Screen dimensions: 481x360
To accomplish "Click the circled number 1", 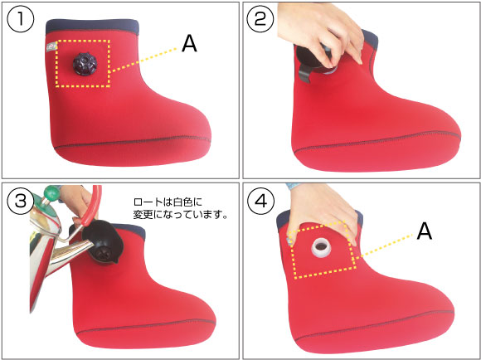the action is tap(20, 19).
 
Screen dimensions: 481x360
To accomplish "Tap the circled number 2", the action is tap(260, 19).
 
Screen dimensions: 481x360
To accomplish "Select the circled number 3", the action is tap(20, 202).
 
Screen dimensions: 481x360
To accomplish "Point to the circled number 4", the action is tap(260, 202).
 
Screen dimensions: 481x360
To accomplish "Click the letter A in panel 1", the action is tap(189, 44).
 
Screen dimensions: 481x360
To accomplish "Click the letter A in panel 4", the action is tap(425, 231).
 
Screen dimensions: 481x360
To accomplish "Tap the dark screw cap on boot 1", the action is tap(85, 64).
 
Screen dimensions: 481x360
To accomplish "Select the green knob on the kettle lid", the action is tap(51, 192).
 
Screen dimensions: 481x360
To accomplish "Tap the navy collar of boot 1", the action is tap(92, 27).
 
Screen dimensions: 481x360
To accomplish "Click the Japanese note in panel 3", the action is tap(181, 208).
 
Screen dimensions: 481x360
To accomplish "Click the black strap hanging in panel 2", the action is tap(305, 74).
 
